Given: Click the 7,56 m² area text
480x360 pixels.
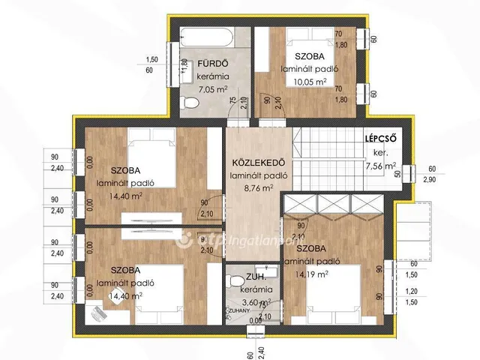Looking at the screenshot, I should (x=379, y=166).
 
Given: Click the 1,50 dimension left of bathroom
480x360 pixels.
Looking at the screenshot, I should (x=151, y=59).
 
